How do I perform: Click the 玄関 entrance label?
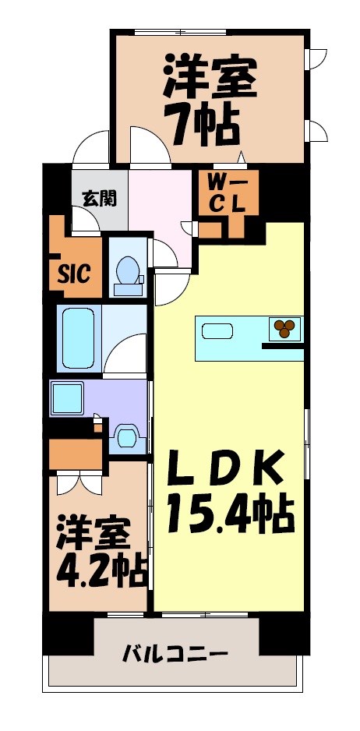(100, 198)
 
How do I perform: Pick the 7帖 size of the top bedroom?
(201, 125)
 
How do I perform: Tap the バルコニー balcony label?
(175, 653)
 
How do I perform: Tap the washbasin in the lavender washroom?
(125, 436)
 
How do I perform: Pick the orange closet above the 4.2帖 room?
(76, 454)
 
